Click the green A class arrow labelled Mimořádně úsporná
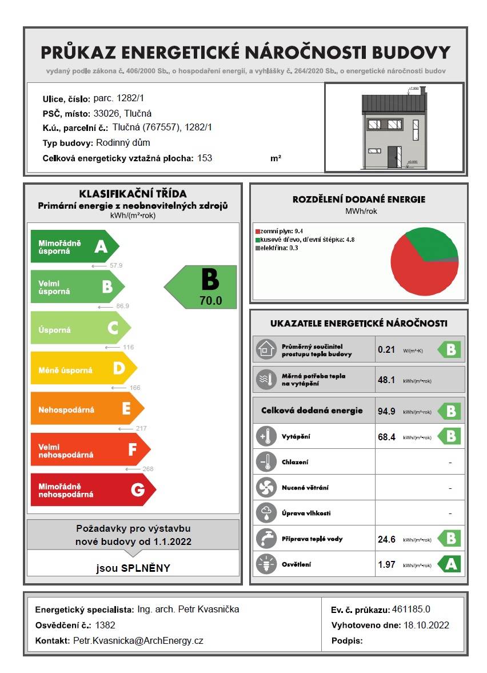[x=74, y=246]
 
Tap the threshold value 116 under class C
[x=128, y=347]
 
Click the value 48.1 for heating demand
[x=386, y=380]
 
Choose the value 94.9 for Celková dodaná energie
[x=387, y=411]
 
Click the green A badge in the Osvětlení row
[x=449, y=564]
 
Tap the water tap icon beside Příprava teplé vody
[x=265, y=539]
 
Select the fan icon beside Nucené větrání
[x=265, y=488]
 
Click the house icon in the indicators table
[x=265, y=349]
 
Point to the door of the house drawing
[x=392, y=157]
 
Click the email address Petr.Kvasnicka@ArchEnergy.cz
[x=138, y=640]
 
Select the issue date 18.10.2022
[x=426, y=625]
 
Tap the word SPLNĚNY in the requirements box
[x=146, y=568]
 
